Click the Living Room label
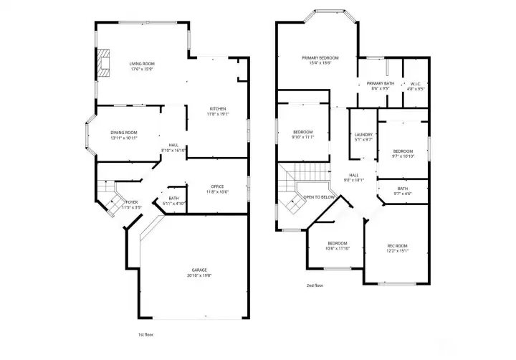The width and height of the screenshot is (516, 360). (142, 65)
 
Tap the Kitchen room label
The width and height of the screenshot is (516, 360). (218, 108)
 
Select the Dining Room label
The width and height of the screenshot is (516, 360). (124, 133)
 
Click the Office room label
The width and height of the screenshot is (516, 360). (217, 186)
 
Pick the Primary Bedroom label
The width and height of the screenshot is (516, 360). (320, 57)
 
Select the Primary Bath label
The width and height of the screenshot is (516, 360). (381, 84)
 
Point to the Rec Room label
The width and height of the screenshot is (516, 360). (398, 246)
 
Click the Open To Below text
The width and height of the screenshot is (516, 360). (319, 196)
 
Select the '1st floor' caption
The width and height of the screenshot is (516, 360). (145, 334)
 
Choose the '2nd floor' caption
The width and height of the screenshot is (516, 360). (314, 285)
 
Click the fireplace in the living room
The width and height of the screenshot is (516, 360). (104, 62)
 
